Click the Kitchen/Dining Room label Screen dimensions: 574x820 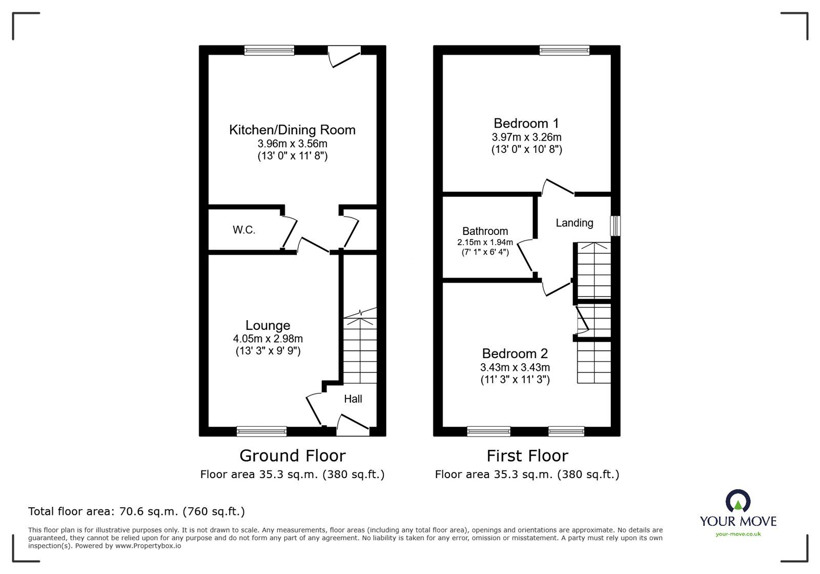pos(292,130)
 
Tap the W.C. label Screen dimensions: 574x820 pos(244,230)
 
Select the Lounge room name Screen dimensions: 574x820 pos(268,325)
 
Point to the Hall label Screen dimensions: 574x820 pos(353,399)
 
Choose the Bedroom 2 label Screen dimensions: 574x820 pos(515,353)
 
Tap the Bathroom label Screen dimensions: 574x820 pos(485,231)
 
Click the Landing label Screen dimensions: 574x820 pos(575,223)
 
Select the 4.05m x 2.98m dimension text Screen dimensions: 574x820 pos(268,339)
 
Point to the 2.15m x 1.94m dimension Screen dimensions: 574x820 pos(485,242)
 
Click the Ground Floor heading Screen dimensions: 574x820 pos(293,456)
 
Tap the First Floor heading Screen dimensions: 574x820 pos(527,456)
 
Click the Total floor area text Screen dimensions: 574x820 pos(136,511)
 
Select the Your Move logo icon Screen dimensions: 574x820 pos(737,501)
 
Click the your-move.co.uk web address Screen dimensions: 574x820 pos(738,534)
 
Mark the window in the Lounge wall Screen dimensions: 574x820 pos(261,431)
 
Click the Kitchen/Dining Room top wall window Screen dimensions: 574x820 pos(269,50)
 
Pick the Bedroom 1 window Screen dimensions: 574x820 pos(564,50)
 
